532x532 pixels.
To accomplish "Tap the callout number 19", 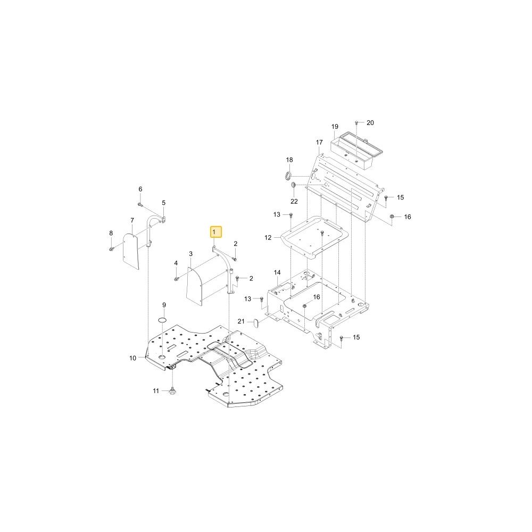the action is click(x=335, y=127).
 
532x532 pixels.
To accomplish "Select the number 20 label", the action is click(x=370, y=123).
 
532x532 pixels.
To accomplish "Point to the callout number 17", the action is click(x=319, y=142).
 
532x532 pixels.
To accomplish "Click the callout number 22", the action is click(x=294, y=201).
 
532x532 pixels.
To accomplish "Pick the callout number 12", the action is click(x=268, y=237).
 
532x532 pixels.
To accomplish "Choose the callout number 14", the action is click(x=277, y=272).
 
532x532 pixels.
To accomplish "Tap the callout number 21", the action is click(x=241, y=321).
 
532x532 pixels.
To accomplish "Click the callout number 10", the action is click(x=132, y=358).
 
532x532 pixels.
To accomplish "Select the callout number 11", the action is click(x=156, y=391).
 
